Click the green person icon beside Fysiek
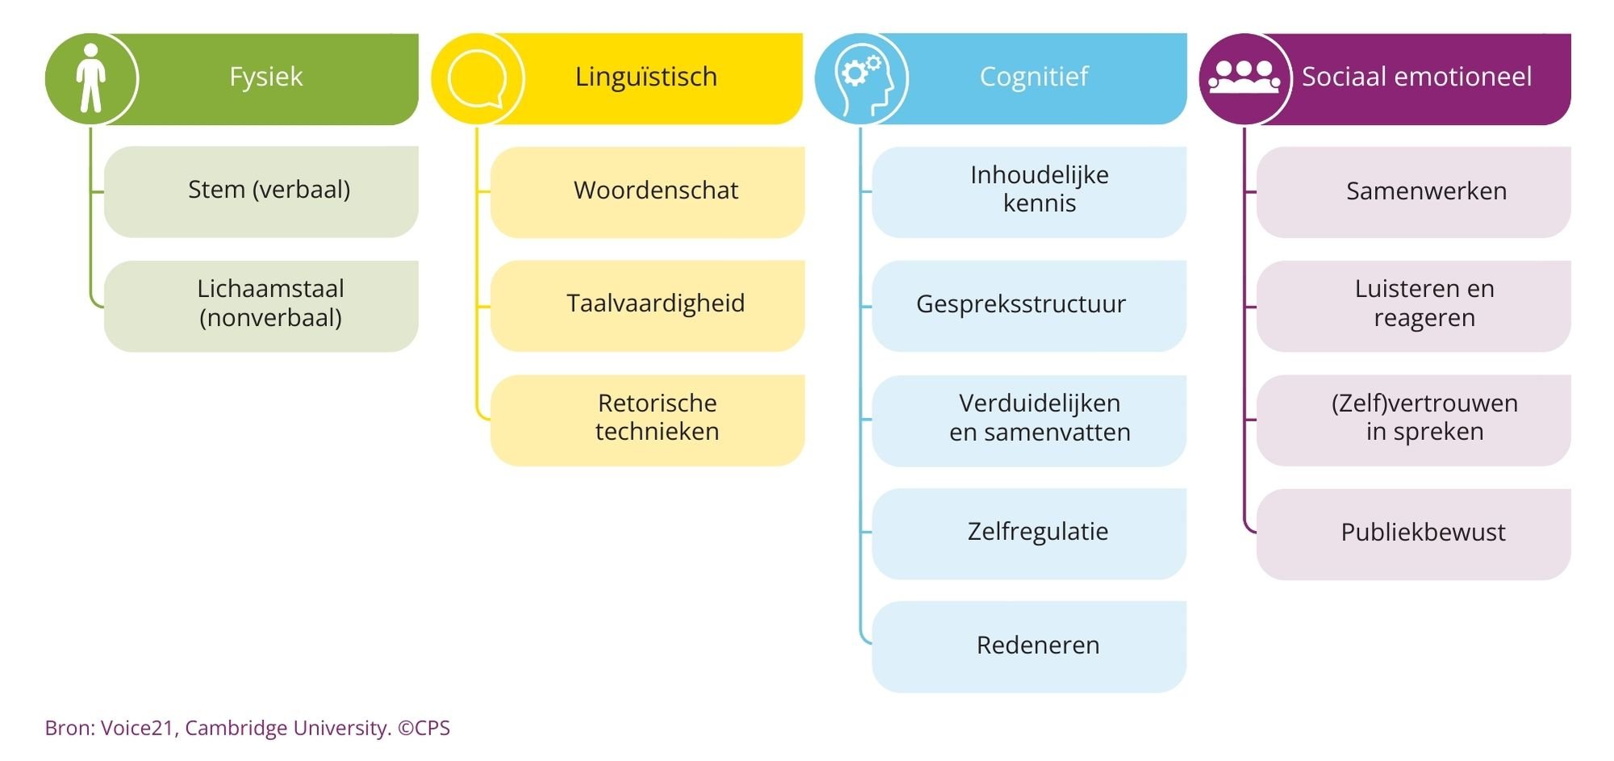point(91,78)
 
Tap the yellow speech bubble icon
point(477,79)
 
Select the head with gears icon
point(861,79)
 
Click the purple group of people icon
point(1244,78)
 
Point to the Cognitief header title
point(1033,77)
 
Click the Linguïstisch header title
point(646,77)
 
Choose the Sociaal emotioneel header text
point(1416,77)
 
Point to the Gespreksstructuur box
point(1029,305)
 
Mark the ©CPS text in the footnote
point(424,728)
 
